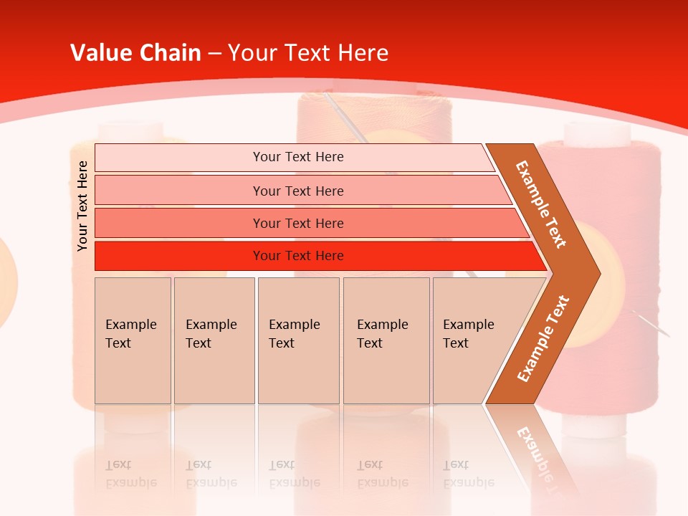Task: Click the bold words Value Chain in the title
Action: pos(135,52)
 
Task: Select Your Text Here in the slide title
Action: pos(309,52)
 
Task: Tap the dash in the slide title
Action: pos(214,53)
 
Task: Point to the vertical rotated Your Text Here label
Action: pos(82,206)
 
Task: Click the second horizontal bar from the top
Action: pos(298,191)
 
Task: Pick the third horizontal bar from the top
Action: pos(298,223)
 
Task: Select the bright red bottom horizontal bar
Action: pos(298,256)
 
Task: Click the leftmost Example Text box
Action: pos(133,340)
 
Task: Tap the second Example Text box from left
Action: pos(214,340)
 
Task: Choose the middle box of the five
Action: pos(298,340)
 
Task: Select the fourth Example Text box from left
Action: pos(386,340)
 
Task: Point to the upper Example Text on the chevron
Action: pos(542,204)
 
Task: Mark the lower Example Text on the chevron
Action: pos(543,339)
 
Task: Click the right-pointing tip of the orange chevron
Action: pos(596,273)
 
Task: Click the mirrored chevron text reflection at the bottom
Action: pos(541,451)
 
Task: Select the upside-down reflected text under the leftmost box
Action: pos(131,474)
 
